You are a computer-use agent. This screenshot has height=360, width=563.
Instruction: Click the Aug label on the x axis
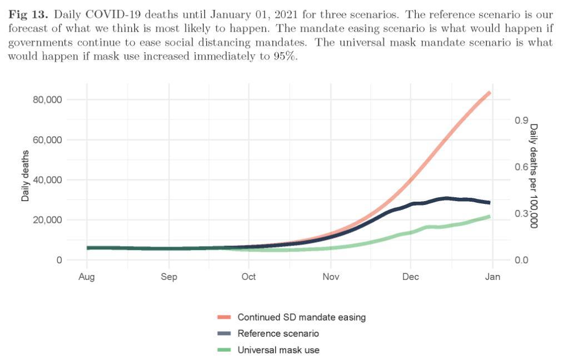coord(87,277)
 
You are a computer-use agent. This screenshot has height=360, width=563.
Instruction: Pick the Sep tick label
coord(169,277)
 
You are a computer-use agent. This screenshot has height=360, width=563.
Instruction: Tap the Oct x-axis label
coord(248,277)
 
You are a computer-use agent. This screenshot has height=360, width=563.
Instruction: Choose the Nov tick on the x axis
coord(331,277)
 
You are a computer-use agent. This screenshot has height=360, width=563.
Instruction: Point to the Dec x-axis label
coord(411,277)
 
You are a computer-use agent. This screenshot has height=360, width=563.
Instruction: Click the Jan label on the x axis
coord(493,277)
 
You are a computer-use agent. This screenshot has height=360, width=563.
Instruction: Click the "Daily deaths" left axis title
coord(25,176)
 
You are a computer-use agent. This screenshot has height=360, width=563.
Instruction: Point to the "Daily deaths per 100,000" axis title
coord(534,176)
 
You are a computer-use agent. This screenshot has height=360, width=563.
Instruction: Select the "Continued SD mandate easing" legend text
coord(302,317)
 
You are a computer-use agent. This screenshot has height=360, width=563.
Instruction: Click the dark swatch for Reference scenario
coord(224,334)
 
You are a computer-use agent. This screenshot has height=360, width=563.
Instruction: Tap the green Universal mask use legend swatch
coord(224,350)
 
